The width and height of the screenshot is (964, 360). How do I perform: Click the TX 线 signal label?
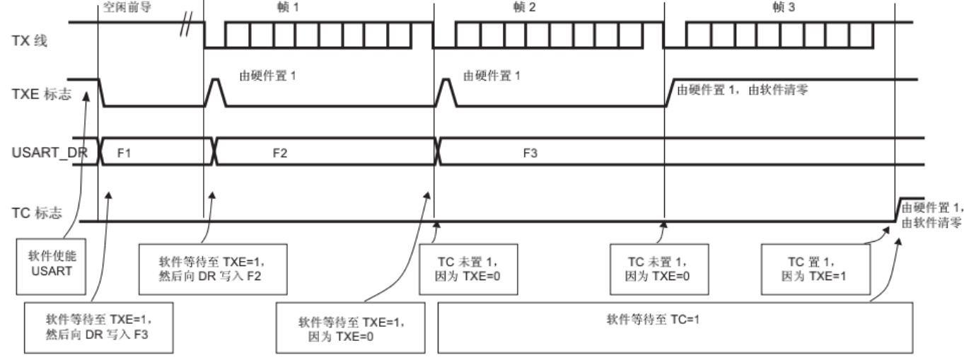(x=42, y=40)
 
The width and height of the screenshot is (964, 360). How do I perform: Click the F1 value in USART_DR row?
(x=124, y=152)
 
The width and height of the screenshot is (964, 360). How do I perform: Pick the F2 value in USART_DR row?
(x=280, y=152)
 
